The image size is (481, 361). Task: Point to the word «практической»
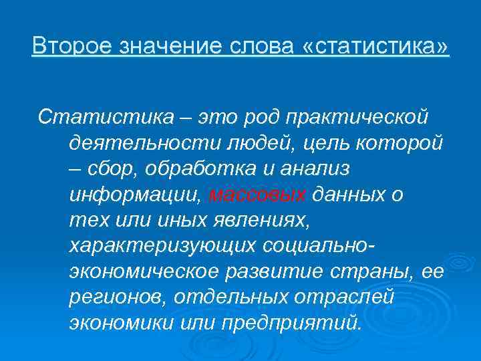coord(341,118)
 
